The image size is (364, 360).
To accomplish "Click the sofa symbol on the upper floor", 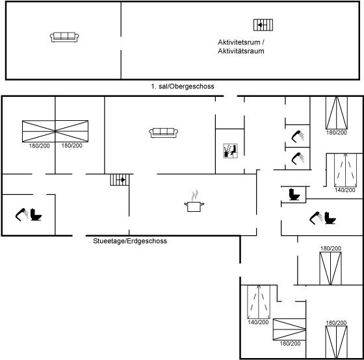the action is click(64, 37).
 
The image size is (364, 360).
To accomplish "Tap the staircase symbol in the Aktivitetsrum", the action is click(263, 25).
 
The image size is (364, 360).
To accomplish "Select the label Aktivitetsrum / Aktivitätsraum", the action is click(241, 47).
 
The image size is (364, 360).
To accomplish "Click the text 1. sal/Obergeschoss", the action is click(183, 86).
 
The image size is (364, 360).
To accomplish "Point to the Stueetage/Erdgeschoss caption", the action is click(130, 241).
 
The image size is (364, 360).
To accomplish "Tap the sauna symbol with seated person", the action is click(230, 151).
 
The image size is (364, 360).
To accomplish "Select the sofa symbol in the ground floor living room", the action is click(163, 133).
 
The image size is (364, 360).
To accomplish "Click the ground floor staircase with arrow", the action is click(120, 179).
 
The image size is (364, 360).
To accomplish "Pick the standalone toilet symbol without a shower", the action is click(294, 194).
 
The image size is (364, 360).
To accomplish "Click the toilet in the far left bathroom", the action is click(36, 214).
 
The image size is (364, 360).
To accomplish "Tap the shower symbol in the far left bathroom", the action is click(21, 214).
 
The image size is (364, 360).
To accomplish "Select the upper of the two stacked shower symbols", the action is click(298, 136).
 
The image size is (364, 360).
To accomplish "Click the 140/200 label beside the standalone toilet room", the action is click(345, 190).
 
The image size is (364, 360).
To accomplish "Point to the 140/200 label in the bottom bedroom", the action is click(258, 322).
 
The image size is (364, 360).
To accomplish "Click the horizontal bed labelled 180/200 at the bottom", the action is click(289, 329).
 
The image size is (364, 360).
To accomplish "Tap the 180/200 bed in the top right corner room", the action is click(337, 113).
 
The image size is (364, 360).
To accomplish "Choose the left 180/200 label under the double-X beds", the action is click(39, 146).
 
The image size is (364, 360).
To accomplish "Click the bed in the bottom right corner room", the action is click(337, 342).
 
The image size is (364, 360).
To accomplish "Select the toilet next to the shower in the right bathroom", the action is click(330, 218).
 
